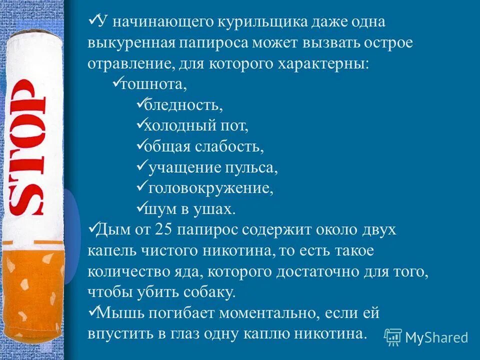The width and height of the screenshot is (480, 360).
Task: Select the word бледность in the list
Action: [x=183, y=106]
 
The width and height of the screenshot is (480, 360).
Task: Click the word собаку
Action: [x=210, y=292]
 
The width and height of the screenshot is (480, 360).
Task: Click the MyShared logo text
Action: [x=436, y=337]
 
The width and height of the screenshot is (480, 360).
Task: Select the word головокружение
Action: [x=210, y=188]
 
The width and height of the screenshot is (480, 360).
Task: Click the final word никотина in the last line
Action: [x=331, y=333]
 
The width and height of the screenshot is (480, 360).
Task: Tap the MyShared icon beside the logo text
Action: [x=393, y=337]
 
